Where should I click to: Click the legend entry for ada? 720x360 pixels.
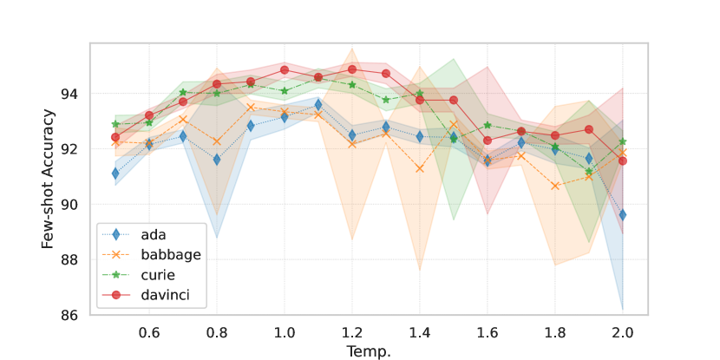click(x=152, y=234)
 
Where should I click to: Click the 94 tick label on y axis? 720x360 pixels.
click(x=69, y=94)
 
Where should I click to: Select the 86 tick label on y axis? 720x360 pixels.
click(x=69, y=316)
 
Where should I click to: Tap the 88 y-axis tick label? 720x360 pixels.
click(x=69, y=260)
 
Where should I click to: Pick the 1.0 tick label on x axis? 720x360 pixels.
click(x=284, y=333)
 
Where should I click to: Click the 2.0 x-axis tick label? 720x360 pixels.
click(x=622, y=333)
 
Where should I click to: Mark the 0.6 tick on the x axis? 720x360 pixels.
click(x=148, y=333)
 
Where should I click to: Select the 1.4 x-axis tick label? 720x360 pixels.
click(x=419, y=333)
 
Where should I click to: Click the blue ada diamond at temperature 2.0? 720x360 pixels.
click(x=622, y=214)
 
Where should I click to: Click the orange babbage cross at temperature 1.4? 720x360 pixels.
click(x=419, y=168)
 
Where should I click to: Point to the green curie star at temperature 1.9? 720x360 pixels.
click(x=589, y=172)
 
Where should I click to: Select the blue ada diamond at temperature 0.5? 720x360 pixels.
click(x=115, y=173)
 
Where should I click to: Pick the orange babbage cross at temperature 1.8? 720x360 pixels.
click(x=555, y=186)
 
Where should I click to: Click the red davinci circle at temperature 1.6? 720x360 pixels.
click(x=488, y=140)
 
